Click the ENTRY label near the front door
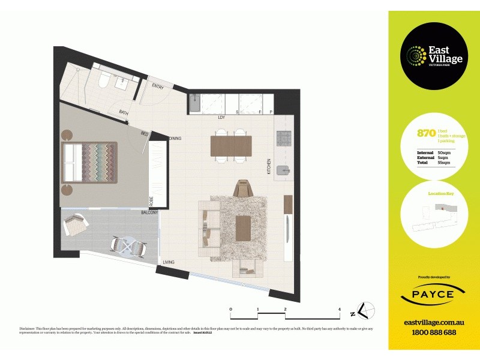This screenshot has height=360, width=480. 158,86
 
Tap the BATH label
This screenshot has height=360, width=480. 124,112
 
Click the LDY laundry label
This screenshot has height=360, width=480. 221,118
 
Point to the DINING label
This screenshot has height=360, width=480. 175,139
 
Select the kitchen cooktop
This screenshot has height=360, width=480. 283,139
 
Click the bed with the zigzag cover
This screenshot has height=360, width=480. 91,162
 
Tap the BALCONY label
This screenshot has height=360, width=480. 149,212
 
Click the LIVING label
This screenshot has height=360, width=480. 169,262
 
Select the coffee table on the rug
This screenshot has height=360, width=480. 243,227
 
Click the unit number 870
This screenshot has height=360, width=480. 426,134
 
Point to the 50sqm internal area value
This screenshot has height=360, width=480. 444,153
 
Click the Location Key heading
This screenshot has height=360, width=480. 440,194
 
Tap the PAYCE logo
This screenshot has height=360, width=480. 434,295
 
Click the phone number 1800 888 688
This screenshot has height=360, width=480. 434,332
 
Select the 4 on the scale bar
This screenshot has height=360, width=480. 340,309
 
